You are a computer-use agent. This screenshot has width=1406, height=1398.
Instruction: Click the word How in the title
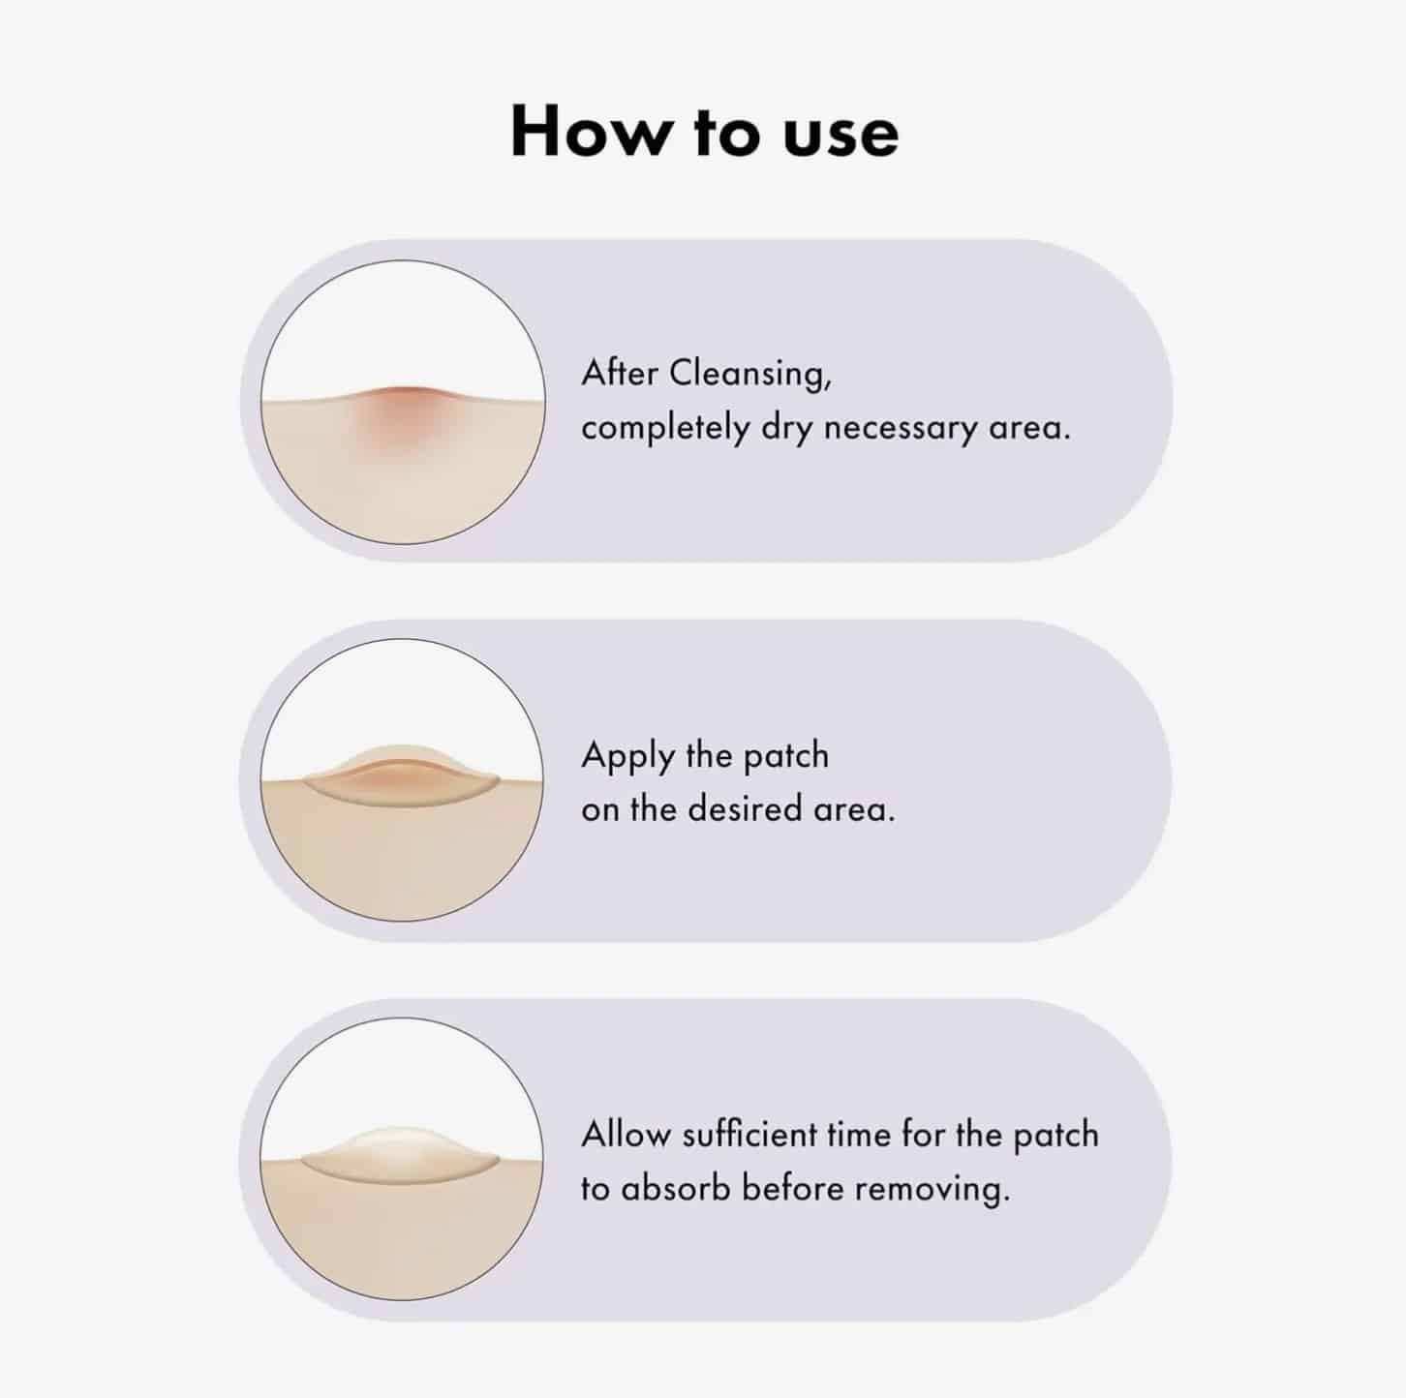[590, 132]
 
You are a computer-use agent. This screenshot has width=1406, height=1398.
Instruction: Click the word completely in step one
[664, 428]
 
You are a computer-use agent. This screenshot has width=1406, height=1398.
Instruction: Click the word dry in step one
[786, 428]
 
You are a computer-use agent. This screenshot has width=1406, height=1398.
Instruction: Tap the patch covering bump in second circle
[402, 775]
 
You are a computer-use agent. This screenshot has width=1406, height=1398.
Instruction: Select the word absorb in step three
[675, 1189]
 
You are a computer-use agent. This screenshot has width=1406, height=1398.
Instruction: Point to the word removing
[932, 1190]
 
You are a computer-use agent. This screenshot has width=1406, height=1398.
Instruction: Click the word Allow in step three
[627, 1135]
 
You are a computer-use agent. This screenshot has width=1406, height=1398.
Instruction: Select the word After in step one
[620, 374]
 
